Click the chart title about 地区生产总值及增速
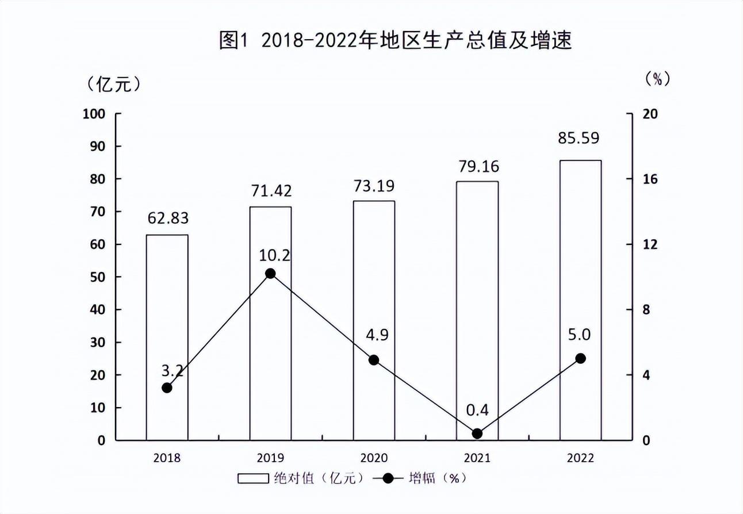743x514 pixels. (395, 41)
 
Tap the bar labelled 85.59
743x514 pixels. (580, 300)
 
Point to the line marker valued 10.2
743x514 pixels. (270, 274)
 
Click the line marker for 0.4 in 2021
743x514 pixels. (477, 434)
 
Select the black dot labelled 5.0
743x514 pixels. (580, 358)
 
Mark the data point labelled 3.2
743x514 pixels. (167, 388)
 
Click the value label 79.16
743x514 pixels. (477, 167)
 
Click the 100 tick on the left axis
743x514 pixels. (94, 114)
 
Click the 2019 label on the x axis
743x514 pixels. (270, 458)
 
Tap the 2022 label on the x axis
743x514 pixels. (580, 458)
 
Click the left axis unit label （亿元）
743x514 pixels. (113, 85)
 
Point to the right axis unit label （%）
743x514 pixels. (656, 79)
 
